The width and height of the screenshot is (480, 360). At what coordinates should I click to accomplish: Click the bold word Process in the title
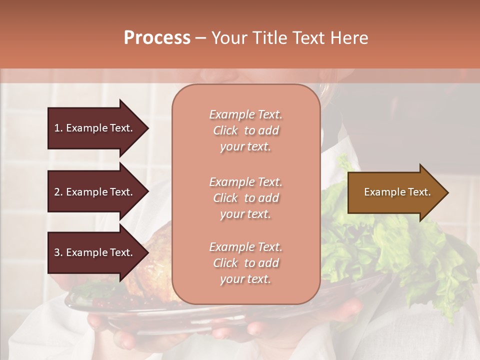coord(157,37)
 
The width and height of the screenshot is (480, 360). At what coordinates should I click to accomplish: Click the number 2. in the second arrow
coord(58,192)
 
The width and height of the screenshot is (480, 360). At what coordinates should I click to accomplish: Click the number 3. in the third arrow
coord(58,252)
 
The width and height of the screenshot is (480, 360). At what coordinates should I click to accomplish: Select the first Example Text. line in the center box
coord(245,114)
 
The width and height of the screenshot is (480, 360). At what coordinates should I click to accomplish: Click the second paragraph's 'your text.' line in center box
coord(245,214)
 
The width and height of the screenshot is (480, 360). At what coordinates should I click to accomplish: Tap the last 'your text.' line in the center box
coord(245,279)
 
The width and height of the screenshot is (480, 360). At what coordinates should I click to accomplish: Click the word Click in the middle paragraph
coord(225,198)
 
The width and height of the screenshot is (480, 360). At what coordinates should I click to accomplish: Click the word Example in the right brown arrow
coord(382,192)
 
